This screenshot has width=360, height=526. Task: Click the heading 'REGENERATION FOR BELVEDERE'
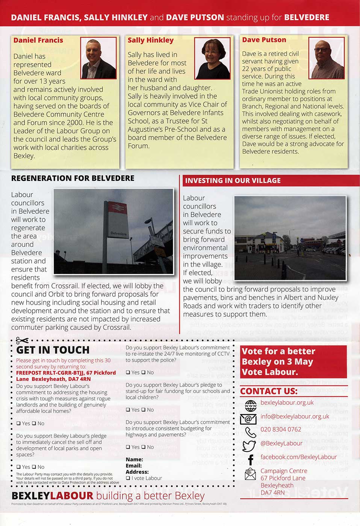(x=73, y=178)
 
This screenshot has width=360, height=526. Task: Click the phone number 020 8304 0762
(x=281, y=429)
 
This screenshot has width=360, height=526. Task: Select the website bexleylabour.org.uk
(x=287, y=403)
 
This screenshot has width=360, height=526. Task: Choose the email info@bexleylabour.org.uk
(x=295, y=416)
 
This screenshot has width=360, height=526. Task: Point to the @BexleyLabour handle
(x=281, y=443)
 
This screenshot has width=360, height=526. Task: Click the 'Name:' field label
(x=134, y=459)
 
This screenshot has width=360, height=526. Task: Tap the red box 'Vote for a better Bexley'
(x=293, y=361)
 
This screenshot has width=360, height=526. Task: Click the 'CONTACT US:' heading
(x=269, y=391)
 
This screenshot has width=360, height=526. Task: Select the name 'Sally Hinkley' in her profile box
(x=150, y=40)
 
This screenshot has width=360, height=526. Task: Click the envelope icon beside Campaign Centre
(x=250, y=474)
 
